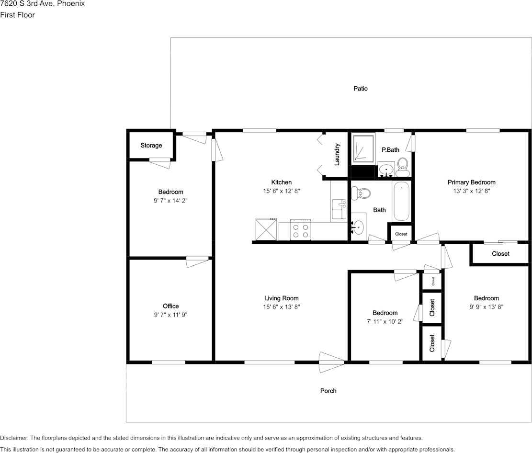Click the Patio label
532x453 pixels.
tap(361, 89)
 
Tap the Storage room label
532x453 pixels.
tap(151, 146)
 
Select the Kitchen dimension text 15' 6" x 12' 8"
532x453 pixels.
tap(281, 191)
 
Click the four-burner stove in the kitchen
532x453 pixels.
tap(301, 231)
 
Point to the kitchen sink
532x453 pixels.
tap(339, 209)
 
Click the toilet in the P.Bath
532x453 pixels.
tap(402, 166)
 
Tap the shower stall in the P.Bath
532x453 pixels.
tap(362, 149)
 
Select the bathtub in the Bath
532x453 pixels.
tap(401, 201)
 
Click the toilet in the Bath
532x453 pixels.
tap(361, 194)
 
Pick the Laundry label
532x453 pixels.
tap(337, 154)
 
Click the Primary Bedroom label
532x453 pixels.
tap(471, 182)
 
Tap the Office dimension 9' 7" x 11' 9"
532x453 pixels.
tap(170, 315)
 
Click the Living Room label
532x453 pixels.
tap(281, 298)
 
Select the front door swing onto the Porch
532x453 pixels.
tap(331, 362)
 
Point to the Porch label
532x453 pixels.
tap(328, 391)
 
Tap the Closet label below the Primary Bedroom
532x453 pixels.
tap(500, 254)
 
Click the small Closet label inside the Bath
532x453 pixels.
tap(401, 234)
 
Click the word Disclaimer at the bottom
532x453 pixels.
tap(14, 438)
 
